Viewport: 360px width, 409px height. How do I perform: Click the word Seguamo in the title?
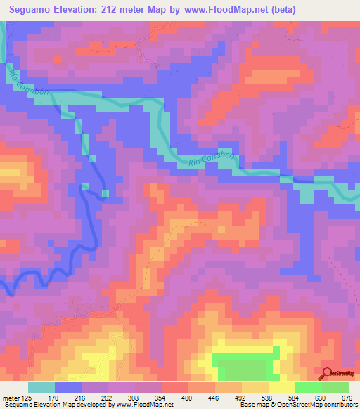(32, 10)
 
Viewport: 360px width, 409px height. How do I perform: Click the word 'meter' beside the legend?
(10, 398)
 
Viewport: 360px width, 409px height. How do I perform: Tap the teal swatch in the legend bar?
(42, 387)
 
